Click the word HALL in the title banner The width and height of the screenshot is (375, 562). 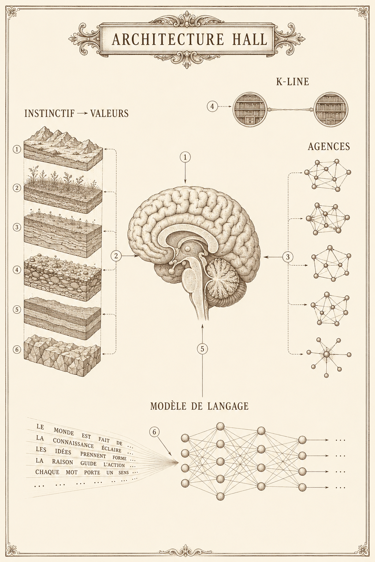click(249, 40)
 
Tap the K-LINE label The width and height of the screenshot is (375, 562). click(292, 82)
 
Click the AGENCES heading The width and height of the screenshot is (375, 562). click(329, 146)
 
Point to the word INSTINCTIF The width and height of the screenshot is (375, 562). click(49, 113)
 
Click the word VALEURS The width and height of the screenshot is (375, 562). click(109, 113)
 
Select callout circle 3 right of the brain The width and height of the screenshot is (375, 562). click(288, 256)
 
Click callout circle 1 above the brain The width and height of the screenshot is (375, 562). click(185, 157)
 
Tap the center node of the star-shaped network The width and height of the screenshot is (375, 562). click(326, 354)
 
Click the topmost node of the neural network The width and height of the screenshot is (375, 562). click(220, 426)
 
